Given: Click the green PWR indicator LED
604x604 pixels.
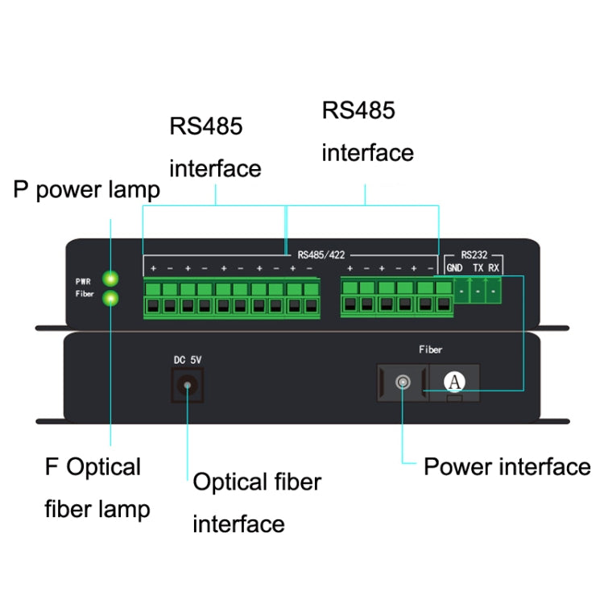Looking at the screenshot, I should [x=111, y=279].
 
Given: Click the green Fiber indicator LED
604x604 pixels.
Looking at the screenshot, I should [x=111, y=298].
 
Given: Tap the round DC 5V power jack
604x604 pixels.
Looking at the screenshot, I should [x=188, y=386].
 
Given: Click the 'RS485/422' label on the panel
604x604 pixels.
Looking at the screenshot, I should [x=321, y=254].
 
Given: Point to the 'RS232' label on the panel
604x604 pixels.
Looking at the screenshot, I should [x=474, y=254].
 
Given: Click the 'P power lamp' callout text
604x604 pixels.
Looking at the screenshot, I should [x=87, y=190].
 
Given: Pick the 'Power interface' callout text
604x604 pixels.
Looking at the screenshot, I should [x=507, y=466].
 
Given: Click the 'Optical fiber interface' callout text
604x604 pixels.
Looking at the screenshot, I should [x=256, y=503].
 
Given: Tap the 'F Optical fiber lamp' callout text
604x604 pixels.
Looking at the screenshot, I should [x=97, y=488].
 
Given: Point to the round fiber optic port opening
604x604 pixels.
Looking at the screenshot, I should [x=401, y=382].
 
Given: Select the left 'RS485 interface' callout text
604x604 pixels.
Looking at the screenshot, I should [x=215, y=147].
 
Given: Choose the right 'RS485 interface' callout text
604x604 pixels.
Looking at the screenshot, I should [x=367, y=131].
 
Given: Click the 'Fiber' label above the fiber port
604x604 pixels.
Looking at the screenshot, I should [x=430, y=350].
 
